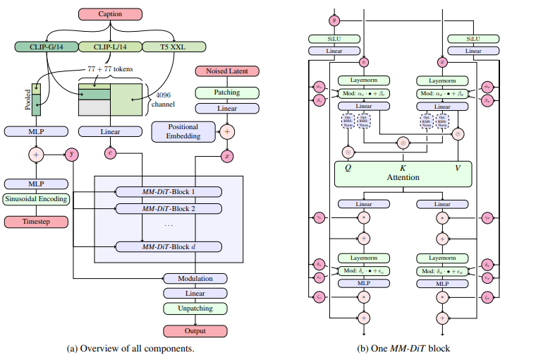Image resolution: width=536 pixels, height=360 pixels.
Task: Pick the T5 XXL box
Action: (x=173, y=47)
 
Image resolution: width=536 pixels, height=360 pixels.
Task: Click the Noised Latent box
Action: (x=227, y=71)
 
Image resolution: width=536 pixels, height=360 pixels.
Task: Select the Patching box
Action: (x=227, y=93)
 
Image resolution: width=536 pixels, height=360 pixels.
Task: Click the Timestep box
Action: (x=36, y=222)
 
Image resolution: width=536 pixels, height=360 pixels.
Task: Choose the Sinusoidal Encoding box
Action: (x=36, y=199)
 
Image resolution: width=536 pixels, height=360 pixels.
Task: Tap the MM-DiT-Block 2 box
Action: (x=168, y=209)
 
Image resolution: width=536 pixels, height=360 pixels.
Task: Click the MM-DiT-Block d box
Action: (x=168, y=246)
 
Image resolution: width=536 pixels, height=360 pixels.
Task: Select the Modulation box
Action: (x=195, y=278)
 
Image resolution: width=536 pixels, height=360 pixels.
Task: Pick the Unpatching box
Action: (x=195, y=308)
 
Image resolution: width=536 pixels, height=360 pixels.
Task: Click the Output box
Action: (x=195, y=330)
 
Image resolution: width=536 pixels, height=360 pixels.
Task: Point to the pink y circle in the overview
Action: (x=72, y=154)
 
